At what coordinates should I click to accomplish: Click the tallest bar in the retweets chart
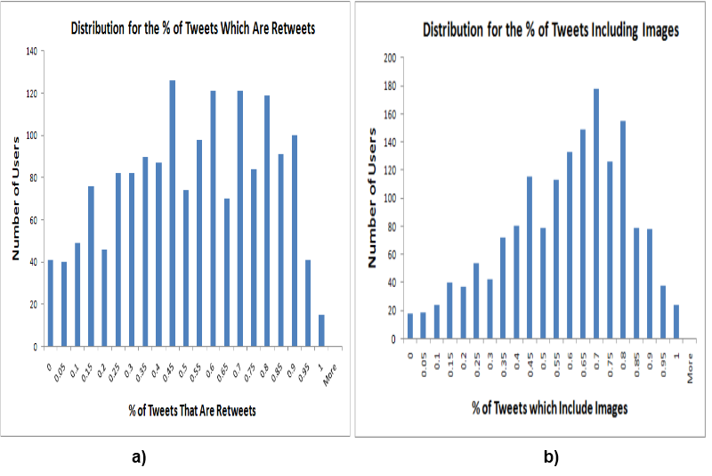click(173, 213)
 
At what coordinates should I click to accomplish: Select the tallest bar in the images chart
click(595, 214)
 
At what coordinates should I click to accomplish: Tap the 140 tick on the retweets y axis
click(31, 51)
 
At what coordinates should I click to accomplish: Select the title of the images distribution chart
click(551, 30)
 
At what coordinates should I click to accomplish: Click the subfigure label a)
click(138, 458)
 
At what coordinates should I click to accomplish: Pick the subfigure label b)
click(550, 458)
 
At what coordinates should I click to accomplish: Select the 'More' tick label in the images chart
click(691, 368)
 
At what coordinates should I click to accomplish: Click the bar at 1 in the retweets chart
click(322, 330)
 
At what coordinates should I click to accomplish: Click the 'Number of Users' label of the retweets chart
click(15, 196)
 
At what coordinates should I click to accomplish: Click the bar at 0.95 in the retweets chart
click(309, 303)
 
